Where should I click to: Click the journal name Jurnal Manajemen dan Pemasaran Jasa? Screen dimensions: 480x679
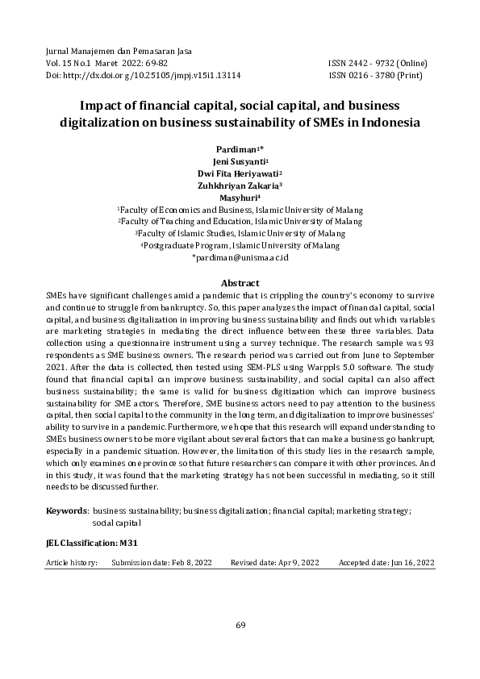click(x=111, y=50)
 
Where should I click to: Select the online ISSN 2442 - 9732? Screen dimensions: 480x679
click(x=378, y=62)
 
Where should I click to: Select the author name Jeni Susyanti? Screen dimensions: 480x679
click(x=239, y=161)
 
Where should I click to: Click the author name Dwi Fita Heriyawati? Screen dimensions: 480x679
click(x=239, y=173)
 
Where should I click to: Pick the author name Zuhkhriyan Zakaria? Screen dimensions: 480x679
click(x=239, y=185)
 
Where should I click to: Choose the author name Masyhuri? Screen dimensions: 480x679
click(x=239, y=197)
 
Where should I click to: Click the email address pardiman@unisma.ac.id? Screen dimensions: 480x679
click(x=241, y=257)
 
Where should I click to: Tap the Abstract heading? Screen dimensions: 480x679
click(x=240, y=283)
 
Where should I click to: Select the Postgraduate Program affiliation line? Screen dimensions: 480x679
click(x=241, y=245)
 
